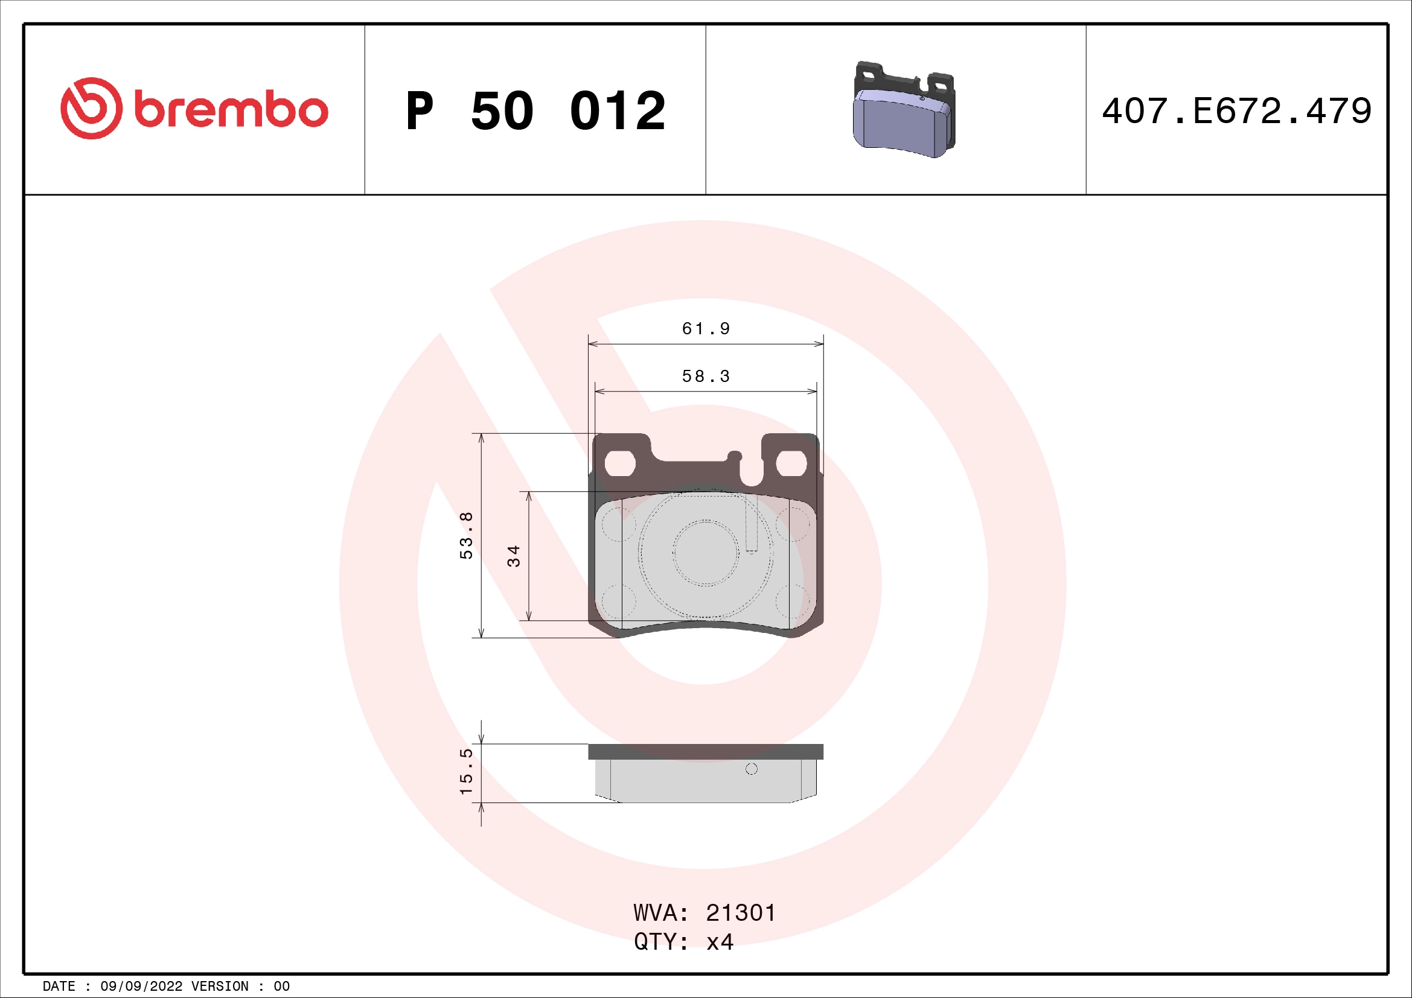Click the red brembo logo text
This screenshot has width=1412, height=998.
coord(231,110)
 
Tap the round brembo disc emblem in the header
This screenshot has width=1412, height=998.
coord(91,108)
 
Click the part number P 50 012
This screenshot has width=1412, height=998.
coord(535,110)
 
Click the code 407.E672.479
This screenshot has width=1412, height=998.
coord(1236,110)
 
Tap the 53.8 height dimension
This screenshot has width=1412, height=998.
coord(467,535)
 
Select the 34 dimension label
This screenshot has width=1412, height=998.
coord(514,556)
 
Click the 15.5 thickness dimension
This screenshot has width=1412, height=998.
coord(467,772)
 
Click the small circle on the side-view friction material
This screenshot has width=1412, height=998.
coord(751,769)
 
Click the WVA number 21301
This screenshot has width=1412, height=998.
coord(741,913)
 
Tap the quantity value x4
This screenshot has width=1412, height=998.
coord(720,942)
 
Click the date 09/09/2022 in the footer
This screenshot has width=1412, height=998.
coord(141,987)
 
